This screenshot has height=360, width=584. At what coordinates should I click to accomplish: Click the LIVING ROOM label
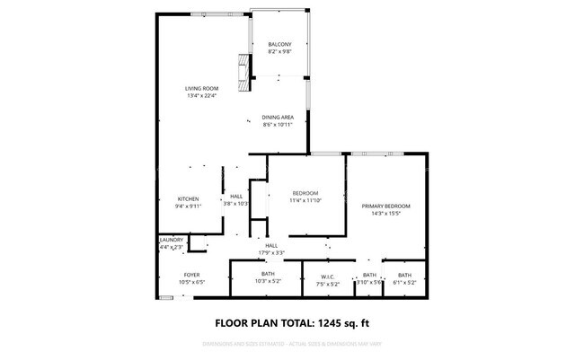(x=202, y=88)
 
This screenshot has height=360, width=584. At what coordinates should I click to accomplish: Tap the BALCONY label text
(x=279, y=44)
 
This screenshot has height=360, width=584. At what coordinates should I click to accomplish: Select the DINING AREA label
(x=277, y=118)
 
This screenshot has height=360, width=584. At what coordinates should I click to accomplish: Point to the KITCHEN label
(x=188, y=198)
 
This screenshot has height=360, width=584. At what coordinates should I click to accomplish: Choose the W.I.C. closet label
(x=327, y=276)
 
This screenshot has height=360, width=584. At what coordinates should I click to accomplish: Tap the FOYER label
(x=191, y=275)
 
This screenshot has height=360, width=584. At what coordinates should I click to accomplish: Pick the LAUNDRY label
(x=172, y=240)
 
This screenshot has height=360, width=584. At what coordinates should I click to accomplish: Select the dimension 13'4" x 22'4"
(x=202, y=95)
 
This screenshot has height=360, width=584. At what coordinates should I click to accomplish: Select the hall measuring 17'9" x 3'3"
(x=271, y=252)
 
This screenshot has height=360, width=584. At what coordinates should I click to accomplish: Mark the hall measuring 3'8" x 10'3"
(x=236, y=204)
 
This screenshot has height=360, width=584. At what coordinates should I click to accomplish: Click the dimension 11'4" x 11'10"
(x=305, y=200)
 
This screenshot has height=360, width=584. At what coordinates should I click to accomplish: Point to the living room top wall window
(x=203, y=13)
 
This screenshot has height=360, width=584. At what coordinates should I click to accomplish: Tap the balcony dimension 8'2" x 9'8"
(x=279, y=51)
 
